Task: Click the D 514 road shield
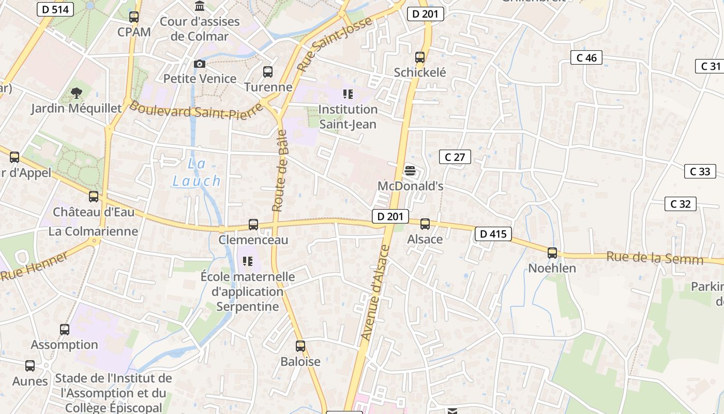click(x=55, y=9)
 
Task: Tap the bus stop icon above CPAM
click(x=134, y=17)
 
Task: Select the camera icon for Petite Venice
click(x=200, y=64)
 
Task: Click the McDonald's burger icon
click(x=410, y=170)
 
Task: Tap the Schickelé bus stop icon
click(x=420, y=57)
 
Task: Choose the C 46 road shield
click(x=586, y=57)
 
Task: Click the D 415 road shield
click(x=493, y=234)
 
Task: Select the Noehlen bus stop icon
click(x=552, y=253)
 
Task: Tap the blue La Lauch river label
click(x=197, y=172)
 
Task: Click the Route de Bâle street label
click(x=279, y=171)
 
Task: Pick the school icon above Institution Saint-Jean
click(x=348, y=94)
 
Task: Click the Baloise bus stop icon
click(x=300, y=346)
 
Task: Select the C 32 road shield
click(x=680, y=204)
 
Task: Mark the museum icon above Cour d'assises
click(x=200, y=6)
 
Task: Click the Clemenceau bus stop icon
click(x=253, y=225)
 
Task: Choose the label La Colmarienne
click(x=93, y=231)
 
